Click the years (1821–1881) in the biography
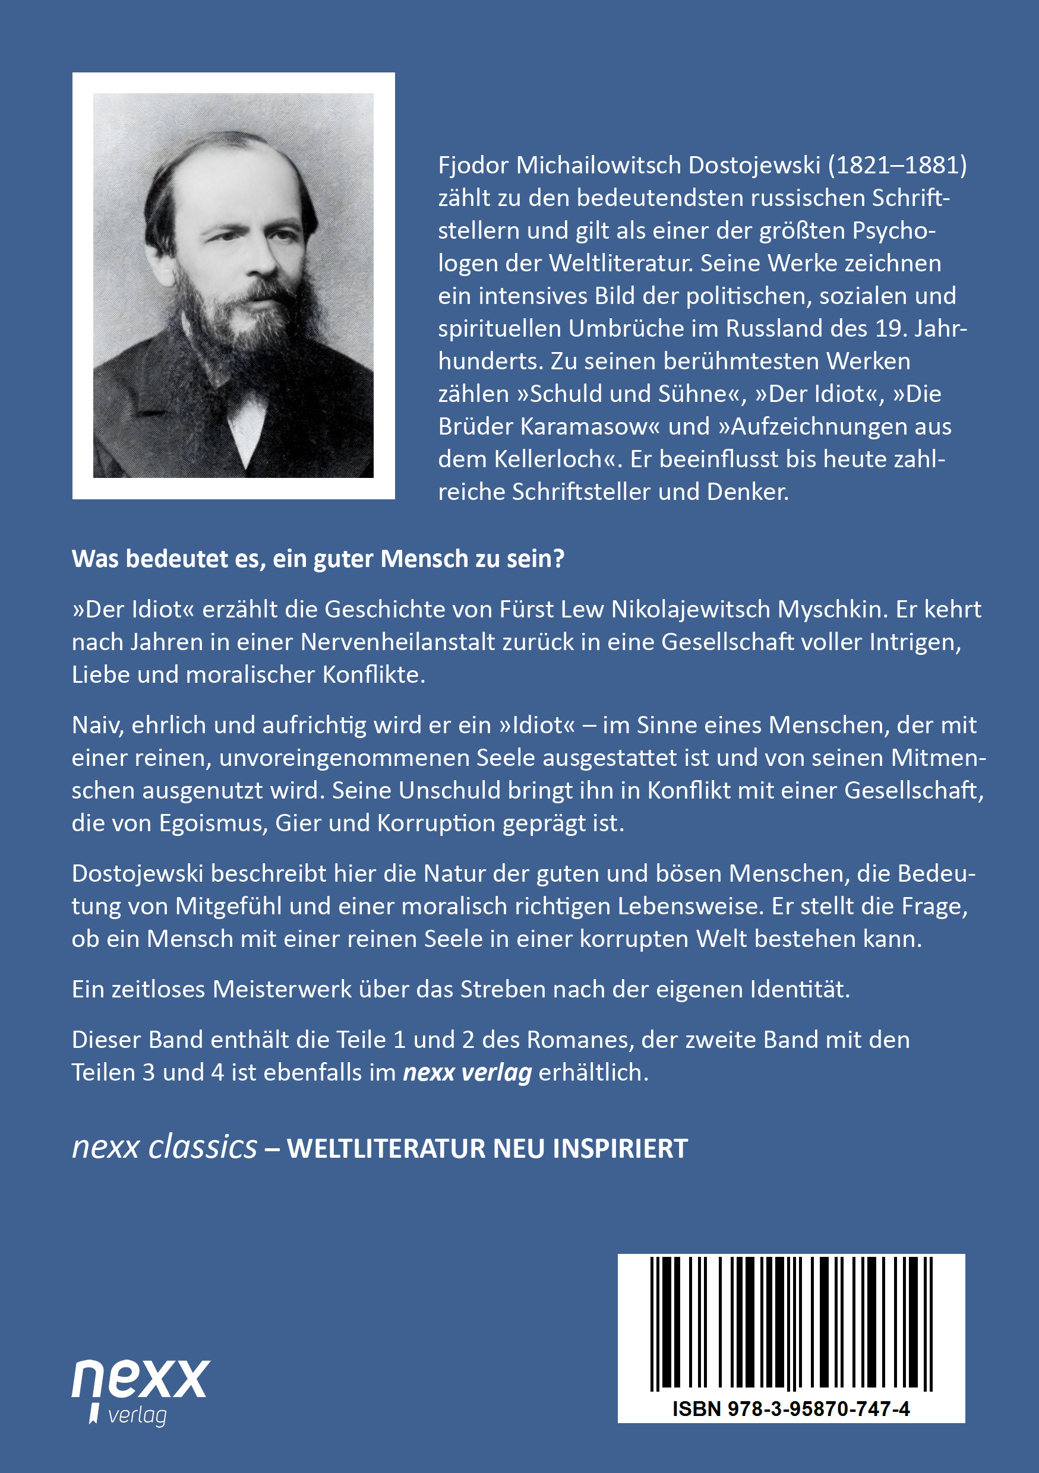click(897, 166)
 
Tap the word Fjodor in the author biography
click(473, 166)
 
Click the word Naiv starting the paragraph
click(97, 725)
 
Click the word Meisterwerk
click(282, 989)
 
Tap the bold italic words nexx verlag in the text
click(467, 1073)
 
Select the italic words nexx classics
click(165, 1148)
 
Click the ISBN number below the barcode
click(791, 1409)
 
